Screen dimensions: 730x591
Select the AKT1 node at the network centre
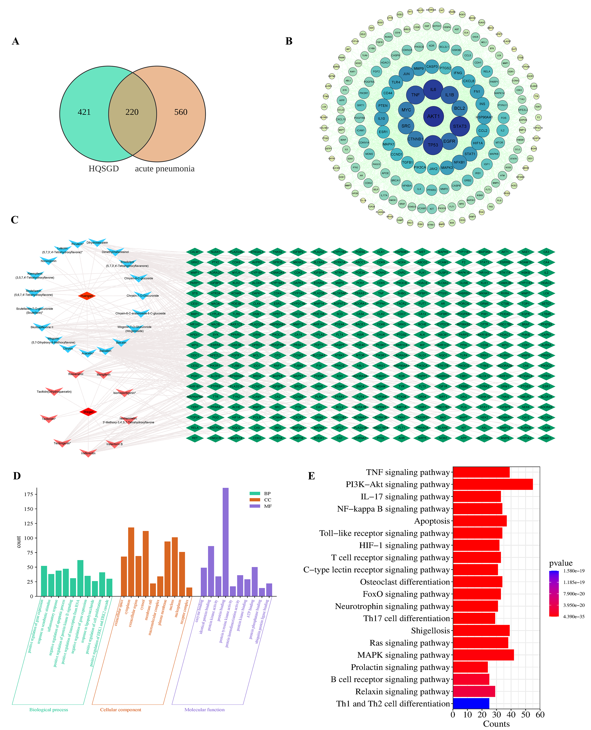click(433, 116)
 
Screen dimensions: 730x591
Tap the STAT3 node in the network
click(460, 126)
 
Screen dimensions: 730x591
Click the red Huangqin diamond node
click(87, 296)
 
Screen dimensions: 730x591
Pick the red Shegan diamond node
click(88, 412)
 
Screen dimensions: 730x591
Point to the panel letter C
click(15, 220)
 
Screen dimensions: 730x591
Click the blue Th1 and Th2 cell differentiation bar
click(471, 703)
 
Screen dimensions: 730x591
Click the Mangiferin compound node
click(103, 374)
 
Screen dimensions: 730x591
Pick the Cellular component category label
click(120, 710)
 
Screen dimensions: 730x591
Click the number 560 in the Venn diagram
click(181, 112)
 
